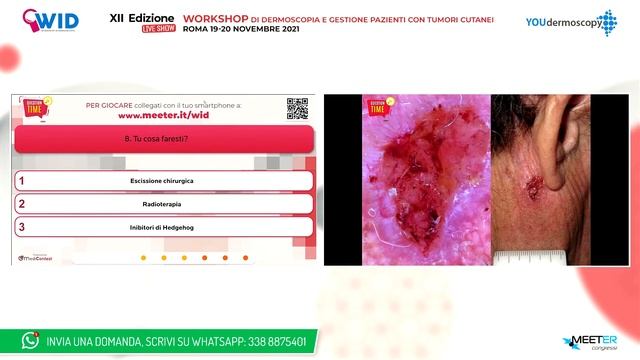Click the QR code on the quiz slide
(297, 108)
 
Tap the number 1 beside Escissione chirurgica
(21, 180)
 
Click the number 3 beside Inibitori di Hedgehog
(21, 227)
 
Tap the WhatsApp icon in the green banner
(30, 340)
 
